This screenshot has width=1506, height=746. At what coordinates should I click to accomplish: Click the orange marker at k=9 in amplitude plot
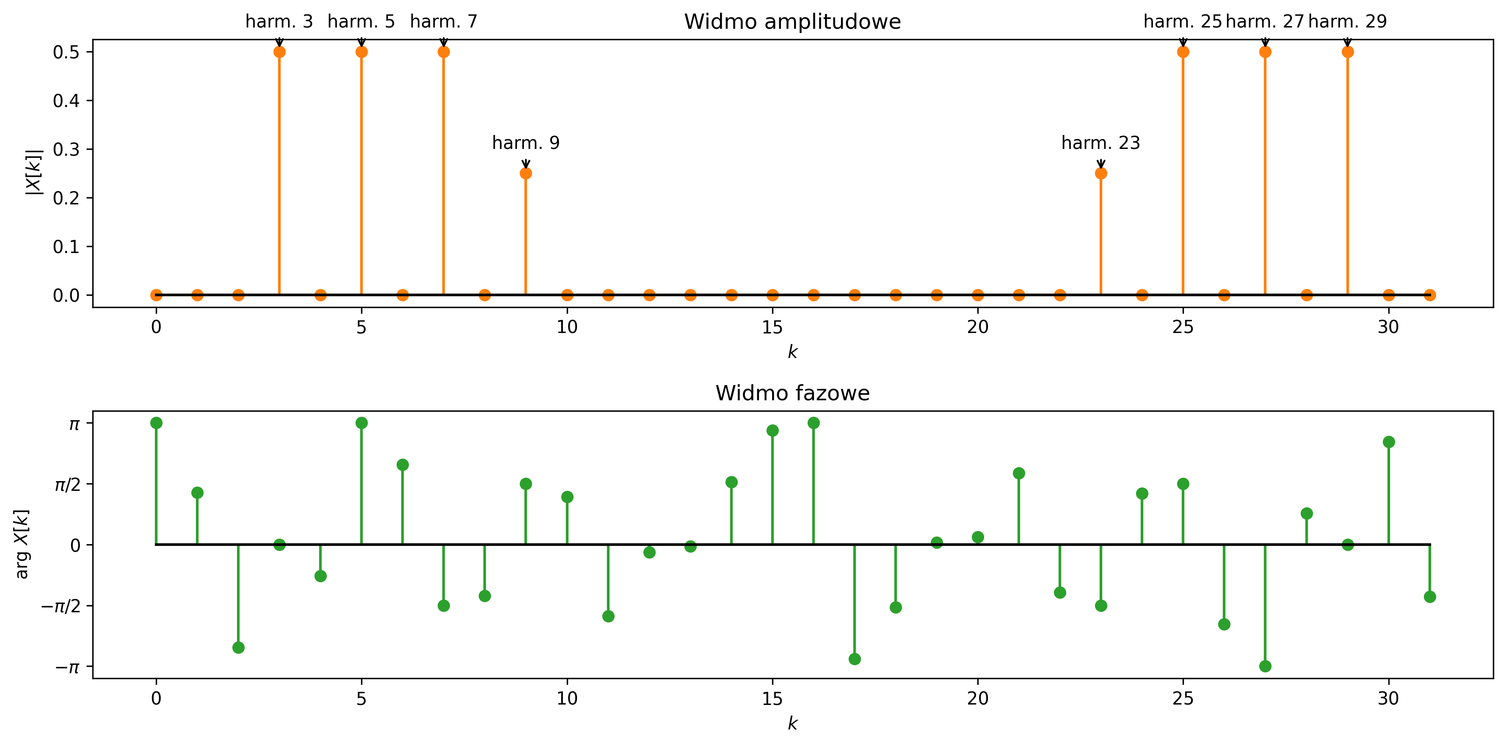(x=526, y=173)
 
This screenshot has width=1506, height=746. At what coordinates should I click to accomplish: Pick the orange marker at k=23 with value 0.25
(x=1101, y=173)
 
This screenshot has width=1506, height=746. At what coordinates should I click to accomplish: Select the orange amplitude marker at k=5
(x=361, y=52)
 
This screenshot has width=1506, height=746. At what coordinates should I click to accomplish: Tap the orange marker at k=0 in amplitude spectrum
(x=156, y=295)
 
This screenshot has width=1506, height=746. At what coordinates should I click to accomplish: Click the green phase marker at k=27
(x=1265, y=666)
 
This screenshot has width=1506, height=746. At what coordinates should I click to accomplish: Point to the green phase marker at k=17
(x=854, y=659)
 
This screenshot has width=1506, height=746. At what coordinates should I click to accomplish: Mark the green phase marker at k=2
(x=238, y=647)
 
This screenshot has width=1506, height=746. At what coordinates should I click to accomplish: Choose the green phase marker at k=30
(x=1388, y=441)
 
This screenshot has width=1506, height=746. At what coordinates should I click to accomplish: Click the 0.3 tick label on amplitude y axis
(x=66, y=149)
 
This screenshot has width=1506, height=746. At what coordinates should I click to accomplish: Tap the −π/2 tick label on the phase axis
(x=60, y=606)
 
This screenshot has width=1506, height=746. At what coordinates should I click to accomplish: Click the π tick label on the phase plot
(x=74, y=423)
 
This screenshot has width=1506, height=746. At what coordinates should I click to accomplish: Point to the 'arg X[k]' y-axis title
(x=22, y=544)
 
